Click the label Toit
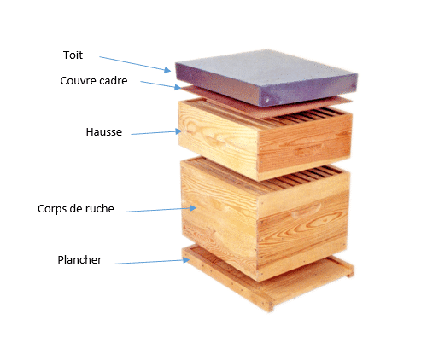coord(73,55)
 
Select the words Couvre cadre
coord(94,80)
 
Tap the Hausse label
coord(104,131)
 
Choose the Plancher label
coord(79,259)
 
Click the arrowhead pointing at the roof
coord(167,70)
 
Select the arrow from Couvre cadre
coord(161,85)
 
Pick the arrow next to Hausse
coord(156,132)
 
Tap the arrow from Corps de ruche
coord(160,210)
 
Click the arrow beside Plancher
coord(151,262)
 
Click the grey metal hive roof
coord(266,78)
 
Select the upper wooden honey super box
coord(265,139)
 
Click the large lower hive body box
coord(266,219)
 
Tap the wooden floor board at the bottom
coord(267,280)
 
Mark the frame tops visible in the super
coord(309,116)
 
